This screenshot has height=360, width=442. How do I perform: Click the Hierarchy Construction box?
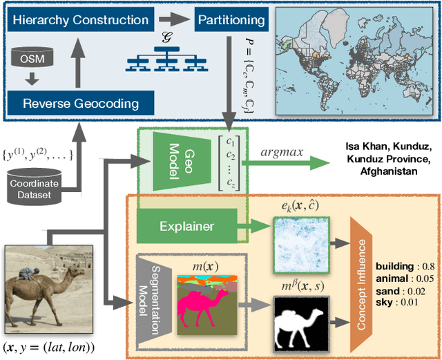81,19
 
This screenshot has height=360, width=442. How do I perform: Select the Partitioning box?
231,19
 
